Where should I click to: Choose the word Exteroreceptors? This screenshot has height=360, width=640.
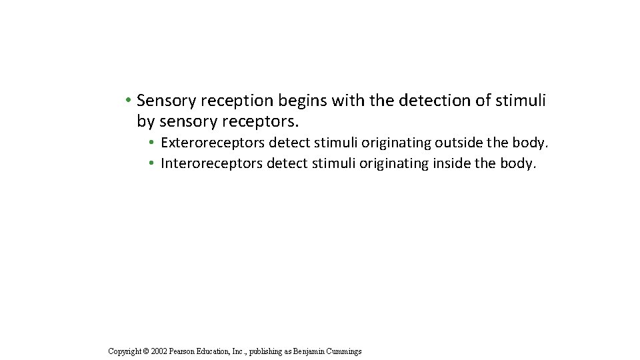click(x=213, y=143)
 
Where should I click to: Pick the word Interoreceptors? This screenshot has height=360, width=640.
click(x=211, y=163)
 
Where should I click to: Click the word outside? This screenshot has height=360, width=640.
click(x=459, y=143)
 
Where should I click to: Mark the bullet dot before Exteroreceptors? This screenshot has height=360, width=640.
click(x=152, y=143)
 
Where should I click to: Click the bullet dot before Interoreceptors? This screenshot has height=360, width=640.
click(x=152, y=163)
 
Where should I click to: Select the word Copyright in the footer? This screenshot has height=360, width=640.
click(x=125, y=351)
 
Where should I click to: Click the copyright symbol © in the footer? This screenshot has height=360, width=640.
click(x=147, y=351)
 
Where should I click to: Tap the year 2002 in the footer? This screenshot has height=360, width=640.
click(x=159, y=351)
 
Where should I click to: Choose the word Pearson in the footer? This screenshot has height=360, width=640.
click(x=183, y=351)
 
